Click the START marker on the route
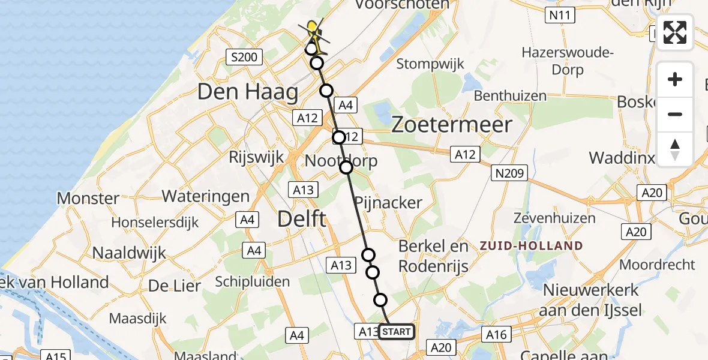click(396, 331)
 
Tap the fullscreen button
click(675, 32)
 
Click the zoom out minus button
click(675, 114)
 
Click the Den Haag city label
click(248, 92)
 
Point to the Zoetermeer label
click(452, 125)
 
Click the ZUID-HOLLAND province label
click(530, 245)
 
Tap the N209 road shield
click(510, 174)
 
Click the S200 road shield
click(244, 58)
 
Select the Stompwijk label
click(430, 64)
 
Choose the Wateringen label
click(205, 196)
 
